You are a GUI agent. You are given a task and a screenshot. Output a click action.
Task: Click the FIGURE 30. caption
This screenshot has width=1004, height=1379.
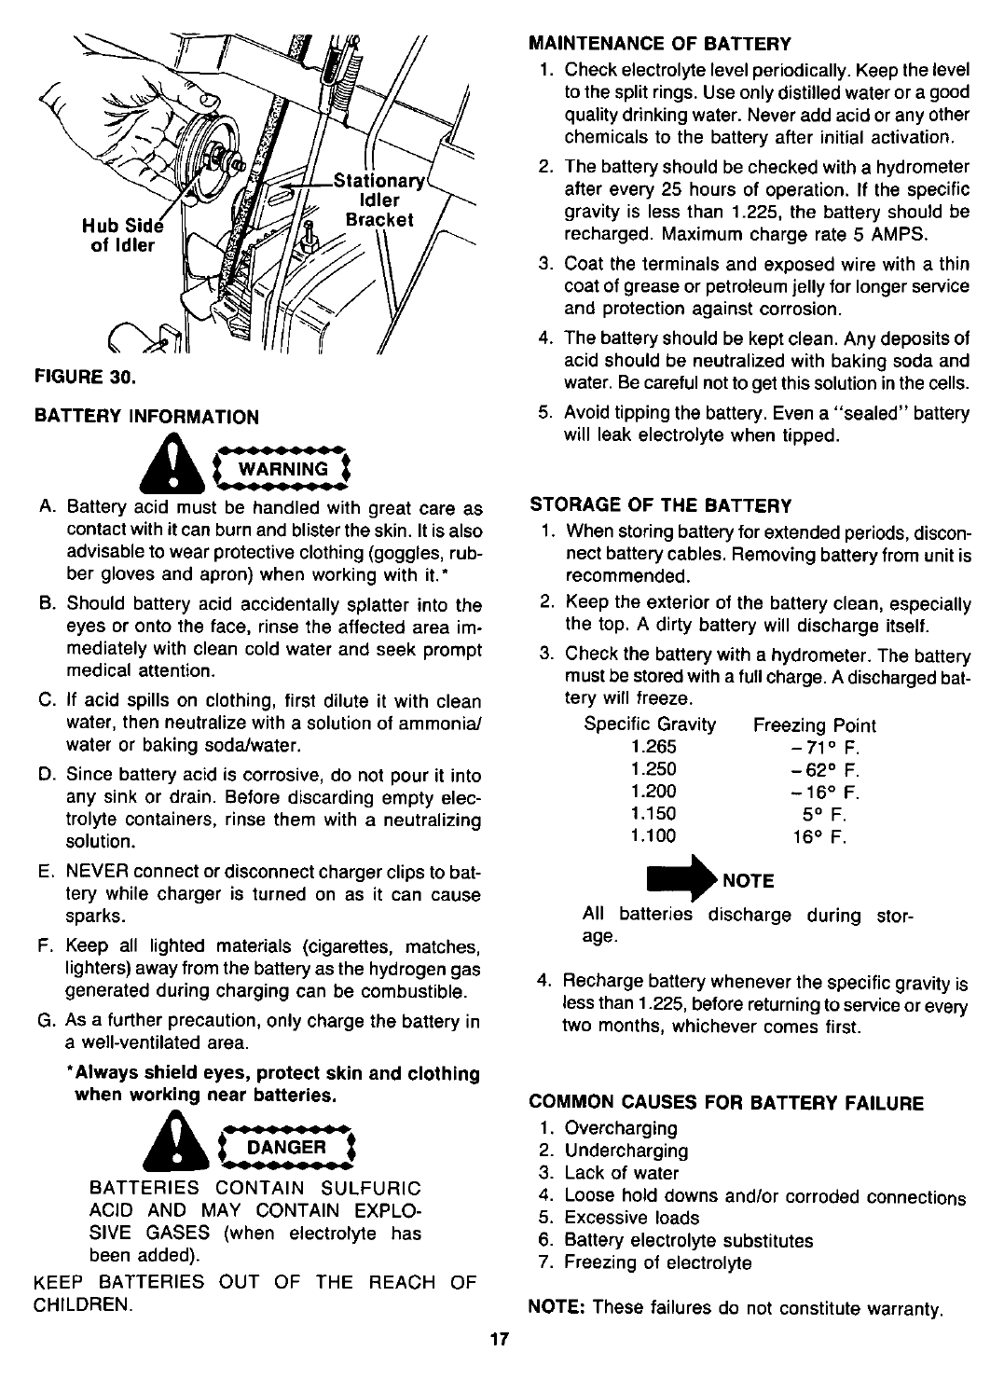click(86, 379)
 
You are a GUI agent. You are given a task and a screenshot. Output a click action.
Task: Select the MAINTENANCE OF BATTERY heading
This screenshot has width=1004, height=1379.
click(659, 43)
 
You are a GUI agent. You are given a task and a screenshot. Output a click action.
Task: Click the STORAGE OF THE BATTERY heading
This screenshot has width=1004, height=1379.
click(660, 505)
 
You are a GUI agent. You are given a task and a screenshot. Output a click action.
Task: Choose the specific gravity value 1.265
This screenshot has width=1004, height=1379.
click(653, 747)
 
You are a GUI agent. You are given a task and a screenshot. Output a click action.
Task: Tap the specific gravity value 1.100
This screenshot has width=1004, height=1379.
click(653, 836)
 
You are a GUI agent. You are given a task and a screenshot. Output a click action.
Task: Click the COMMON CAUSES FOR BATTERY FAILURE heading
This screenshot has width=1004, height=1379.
click(726, 1103)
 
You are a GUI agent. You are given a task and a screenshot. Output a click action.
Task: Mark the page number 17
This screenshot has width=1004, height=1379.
click(500, 1340)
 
